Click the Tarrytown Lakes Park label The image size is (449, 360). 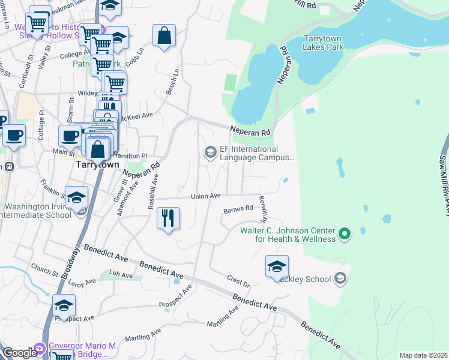(324, 41)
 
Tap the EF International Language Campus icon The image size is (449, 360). (210, 152)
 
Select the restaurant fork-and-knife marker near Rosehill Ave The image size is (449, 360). (169, 218)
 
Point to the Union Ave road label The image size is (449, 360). (206, 196)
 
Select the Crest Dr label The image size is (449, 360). (238, 281)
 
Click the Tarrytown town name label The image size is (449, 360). (95, 164)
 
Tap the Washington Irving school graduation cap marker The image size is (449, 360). (76, 198)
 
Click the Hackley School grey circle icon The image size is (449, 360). (340, 278)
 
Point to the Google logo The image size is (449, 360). (19, 353)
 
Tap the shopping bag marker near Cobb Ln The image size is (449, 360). (164, 37)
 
